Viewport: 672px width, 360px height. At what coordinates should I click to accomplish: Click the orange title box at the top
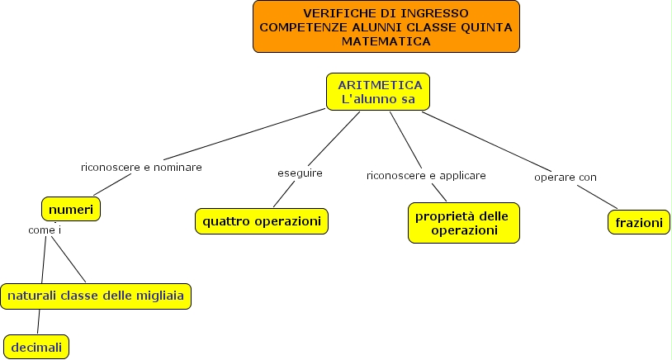pyautogui.click(x=386, y=26)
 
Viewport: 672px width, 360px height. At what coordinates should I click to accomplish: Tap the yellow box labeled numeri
pyautogui.click(x=73, y=208)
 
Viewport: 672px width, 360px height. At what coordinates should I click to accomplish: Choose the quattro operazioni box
pyautogui.click(x=262, y=220)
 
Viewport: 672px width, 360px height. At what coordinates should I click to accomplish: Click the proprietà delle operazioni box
pyautogui.click(x=463, y=223)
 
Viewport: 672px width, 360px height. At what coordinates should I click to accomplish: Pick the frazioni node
pyautogui.click(x=638, y=223)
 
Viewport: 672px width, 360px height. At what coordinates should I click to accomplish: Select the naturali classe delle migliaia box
pyautogui.click(x=97, y=295)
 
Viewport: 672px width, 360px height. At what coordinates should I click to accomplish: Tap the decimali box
pyautogui.click(x=36, y=347)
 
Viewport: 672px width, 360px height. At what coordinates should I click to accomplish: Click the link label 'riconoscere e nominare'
pyautogui.click(x=141, y=167)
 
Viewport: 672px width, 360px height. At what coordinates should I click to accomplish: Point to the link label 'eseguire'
pyautogui.click(x=300, y=173)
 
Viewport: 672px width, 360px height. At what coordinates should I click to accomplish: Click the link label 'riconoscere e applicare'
pyautogui.click(x=426, y=176)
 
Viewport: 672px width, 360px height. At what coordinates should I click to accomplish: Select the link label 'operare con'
pyautogui.click(x=566, y=177)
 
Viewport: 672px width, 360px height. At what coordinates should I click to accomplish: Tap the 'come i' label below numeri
pyautogui.click(x=45, y=230)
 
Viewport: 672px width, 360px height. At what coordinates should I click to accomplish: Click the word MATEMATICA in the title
pyautogui.click(x=386, y=40)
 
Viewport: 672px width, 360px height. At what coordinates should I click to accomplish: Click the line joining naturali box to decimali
pyautogui.click(x=38, y=321)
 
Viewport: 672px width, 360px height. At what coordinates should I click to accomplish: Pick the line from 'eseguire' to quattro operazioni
pyautogui.click(x=285, y=193)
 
